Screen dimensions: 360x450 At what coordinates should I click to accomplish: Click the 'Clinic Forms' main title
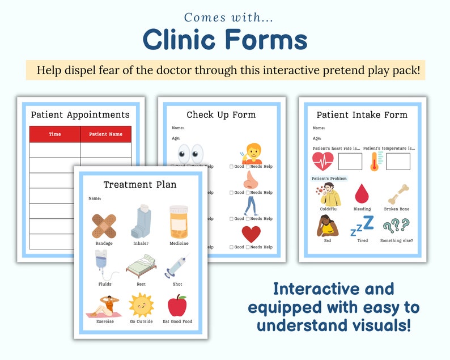(225, 40)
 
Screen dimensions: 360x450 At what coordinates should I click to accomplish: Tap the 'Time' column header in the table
(55, 134)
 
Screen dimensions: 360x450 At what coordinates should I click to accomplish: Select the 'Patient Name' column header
(106, 134)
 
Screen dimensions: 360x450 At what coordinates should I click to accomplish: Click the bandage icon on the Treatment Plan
(104, 225)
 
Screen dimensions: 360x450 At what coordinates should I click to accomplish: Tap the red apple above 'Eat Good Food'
(177, 305)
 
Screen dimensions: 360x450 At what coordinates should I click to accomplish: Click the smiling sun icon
(141, 306)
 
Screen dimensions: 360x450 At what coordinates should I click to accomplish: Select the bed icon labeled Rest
(141, 265)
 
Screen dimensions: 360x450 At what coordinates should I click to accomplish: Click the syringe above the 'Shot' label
(177, 265)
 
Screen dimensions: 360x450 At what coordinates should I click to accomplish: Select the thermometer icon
(374, 162)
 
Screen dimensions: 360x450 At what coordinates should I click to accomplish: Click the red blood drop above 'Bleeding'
(362, 194)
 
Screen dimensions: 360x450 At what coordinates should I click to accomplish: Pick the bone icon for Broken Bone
(397, 194)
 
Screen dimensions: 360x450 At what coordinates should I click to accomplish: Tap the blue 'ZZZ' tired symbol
(362, 226)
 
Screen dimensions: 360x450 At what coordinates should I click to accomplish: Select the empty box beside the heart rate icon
(350, 162)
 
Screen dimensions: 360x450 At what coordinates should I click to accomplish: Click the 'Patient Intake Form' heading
(362, 115)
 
